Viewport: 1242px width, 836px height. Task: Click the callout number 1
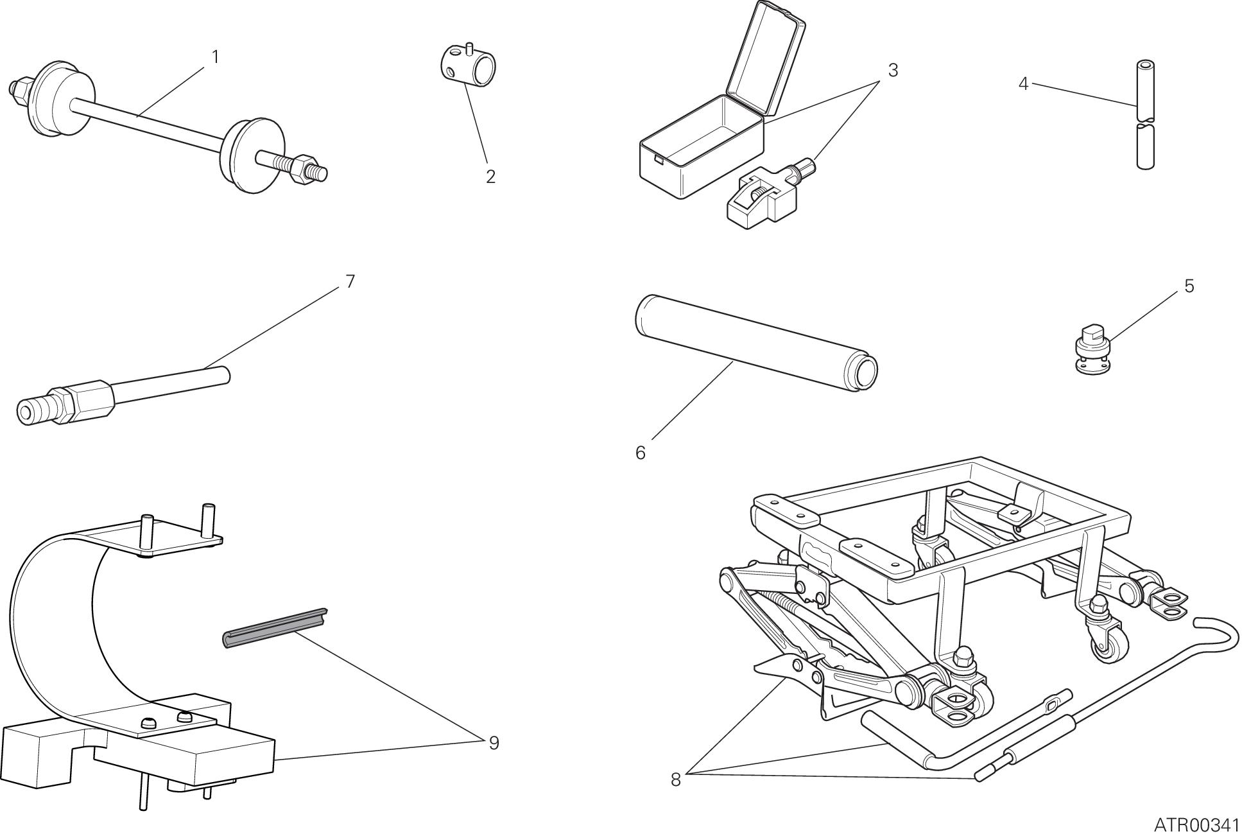216,58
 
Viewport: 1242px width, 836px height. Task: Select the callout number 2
490,177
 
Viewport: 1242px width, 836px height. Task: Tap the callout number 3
893,71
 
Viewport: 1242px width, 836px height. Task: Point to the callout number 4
1023,84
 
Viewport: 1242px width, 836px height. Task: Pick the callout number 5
1189,286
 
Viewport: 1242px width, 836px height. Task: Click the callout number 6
640,453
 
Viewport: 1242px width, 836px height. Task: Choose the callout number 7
350,282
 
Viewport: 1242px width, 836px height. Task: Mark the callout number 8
675,780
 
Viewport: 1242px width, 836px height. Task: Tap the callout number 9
493,743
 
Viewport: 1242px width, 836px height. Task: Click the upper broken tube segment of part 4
1146,90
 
